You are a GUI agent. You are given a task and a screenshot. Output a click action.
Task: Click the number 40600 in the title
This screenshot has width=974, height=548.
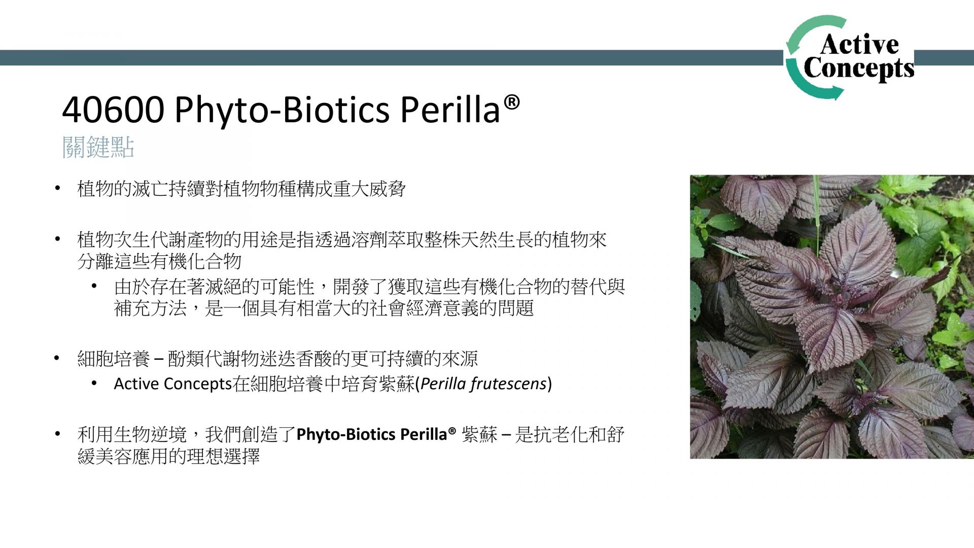click(x=113, y=110)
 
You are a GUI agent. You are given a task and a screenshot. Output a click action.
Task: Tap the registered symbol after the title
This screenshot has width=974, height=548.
click(x=512, y=102)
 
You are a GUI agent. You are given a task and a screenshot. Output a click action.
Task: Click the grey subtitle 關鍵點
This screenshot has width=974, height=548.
click(x=98, y=148)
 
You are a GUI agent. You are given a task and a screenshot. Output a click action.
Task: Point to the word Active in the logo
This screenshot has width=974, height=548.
click(x=859, y=45)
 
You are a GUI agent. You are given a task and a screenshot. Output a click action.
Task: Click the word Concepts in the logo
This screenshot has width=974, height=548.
click(x=859, y=68)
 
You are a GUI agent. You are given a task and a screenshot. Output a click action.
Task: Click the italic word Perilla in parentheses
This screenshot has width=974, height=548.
click(x=443, y=384)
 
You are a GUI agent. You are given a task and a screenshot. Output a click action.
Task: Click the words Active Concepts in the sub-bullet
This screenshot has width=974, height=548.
click(x=173, y=384)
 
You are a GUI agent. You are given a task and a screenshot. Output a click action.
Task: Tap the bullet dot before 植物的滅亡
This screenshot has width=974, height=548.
click(x=58, y=189)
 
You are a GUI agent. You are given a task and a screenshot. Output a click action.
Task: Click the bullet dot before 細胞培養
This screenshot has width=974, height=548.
click(x=58, y=359)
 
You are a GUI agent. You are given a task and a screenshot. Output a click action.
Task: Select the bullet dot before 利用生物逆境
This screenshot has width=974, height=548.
click(x=58, y=434)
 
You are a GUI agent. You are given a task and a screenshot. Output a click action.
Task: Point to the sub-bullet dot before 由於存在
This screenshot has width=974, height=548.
click(x=94, y=287)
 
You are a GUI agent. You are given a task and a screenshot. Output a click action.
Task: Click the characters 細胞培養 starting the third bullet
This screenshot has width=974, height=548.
click(x=114, y=359)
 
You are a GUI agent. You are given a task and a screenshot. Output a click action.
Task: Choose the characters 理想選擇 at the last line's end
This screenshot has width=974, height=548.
click(x=223, y=456)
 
